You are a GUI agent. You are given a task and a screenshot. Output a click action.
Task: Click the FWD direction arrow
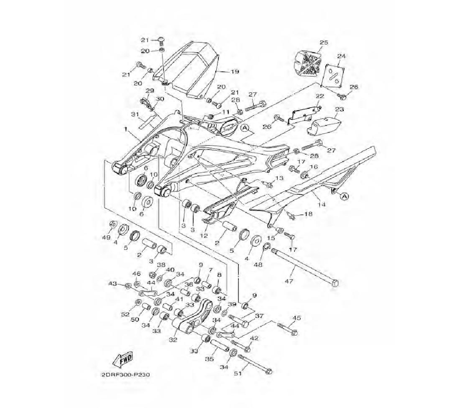(122, 359)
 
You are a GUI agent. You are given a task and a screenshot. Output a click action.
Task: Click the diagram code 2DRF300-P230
(126, 375)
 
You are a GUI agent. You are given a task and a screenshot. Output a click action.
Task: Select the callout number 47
(289, 281)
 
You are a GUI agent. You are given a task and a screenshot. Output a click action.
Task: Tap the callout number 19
(235, 71)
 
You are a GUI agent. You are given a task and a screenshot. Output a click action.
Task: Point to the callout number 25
(324, 43)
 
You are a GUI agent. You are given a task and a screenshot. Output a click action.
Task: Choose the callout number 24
(341, 56)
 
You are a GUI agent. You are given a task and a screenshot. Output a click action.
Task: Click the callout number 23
(340, 109)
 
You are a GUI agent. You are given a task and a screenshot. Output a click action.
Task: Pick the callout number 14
(322, 204)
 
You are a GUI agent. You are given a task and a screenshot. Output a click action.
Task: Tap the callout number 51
(238, 373)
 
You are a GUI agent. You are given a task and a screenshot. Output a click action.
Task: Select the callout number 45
(296, 318)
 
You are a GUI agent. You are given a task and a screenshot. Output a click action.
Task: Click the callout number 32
(173, 340)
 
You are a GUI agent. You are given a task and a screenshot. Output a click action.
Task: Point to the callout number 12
(204, 236)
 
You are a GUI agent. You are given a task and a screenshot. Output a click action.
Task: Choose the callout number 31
(135, 114)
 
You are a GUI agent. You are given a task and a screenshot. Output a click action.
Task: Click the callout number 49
(106, 237)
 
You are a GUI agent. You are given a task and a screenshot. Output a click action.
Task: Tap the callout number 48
(258, 265)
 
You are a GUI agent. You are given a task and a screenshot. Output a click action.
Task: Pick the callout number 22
(320, 96)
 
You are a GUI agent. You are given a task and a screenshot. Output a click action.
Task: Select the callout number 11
(226, 112)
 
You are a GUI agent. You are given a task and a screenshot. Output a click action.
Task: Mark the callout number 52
(125, 314)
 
